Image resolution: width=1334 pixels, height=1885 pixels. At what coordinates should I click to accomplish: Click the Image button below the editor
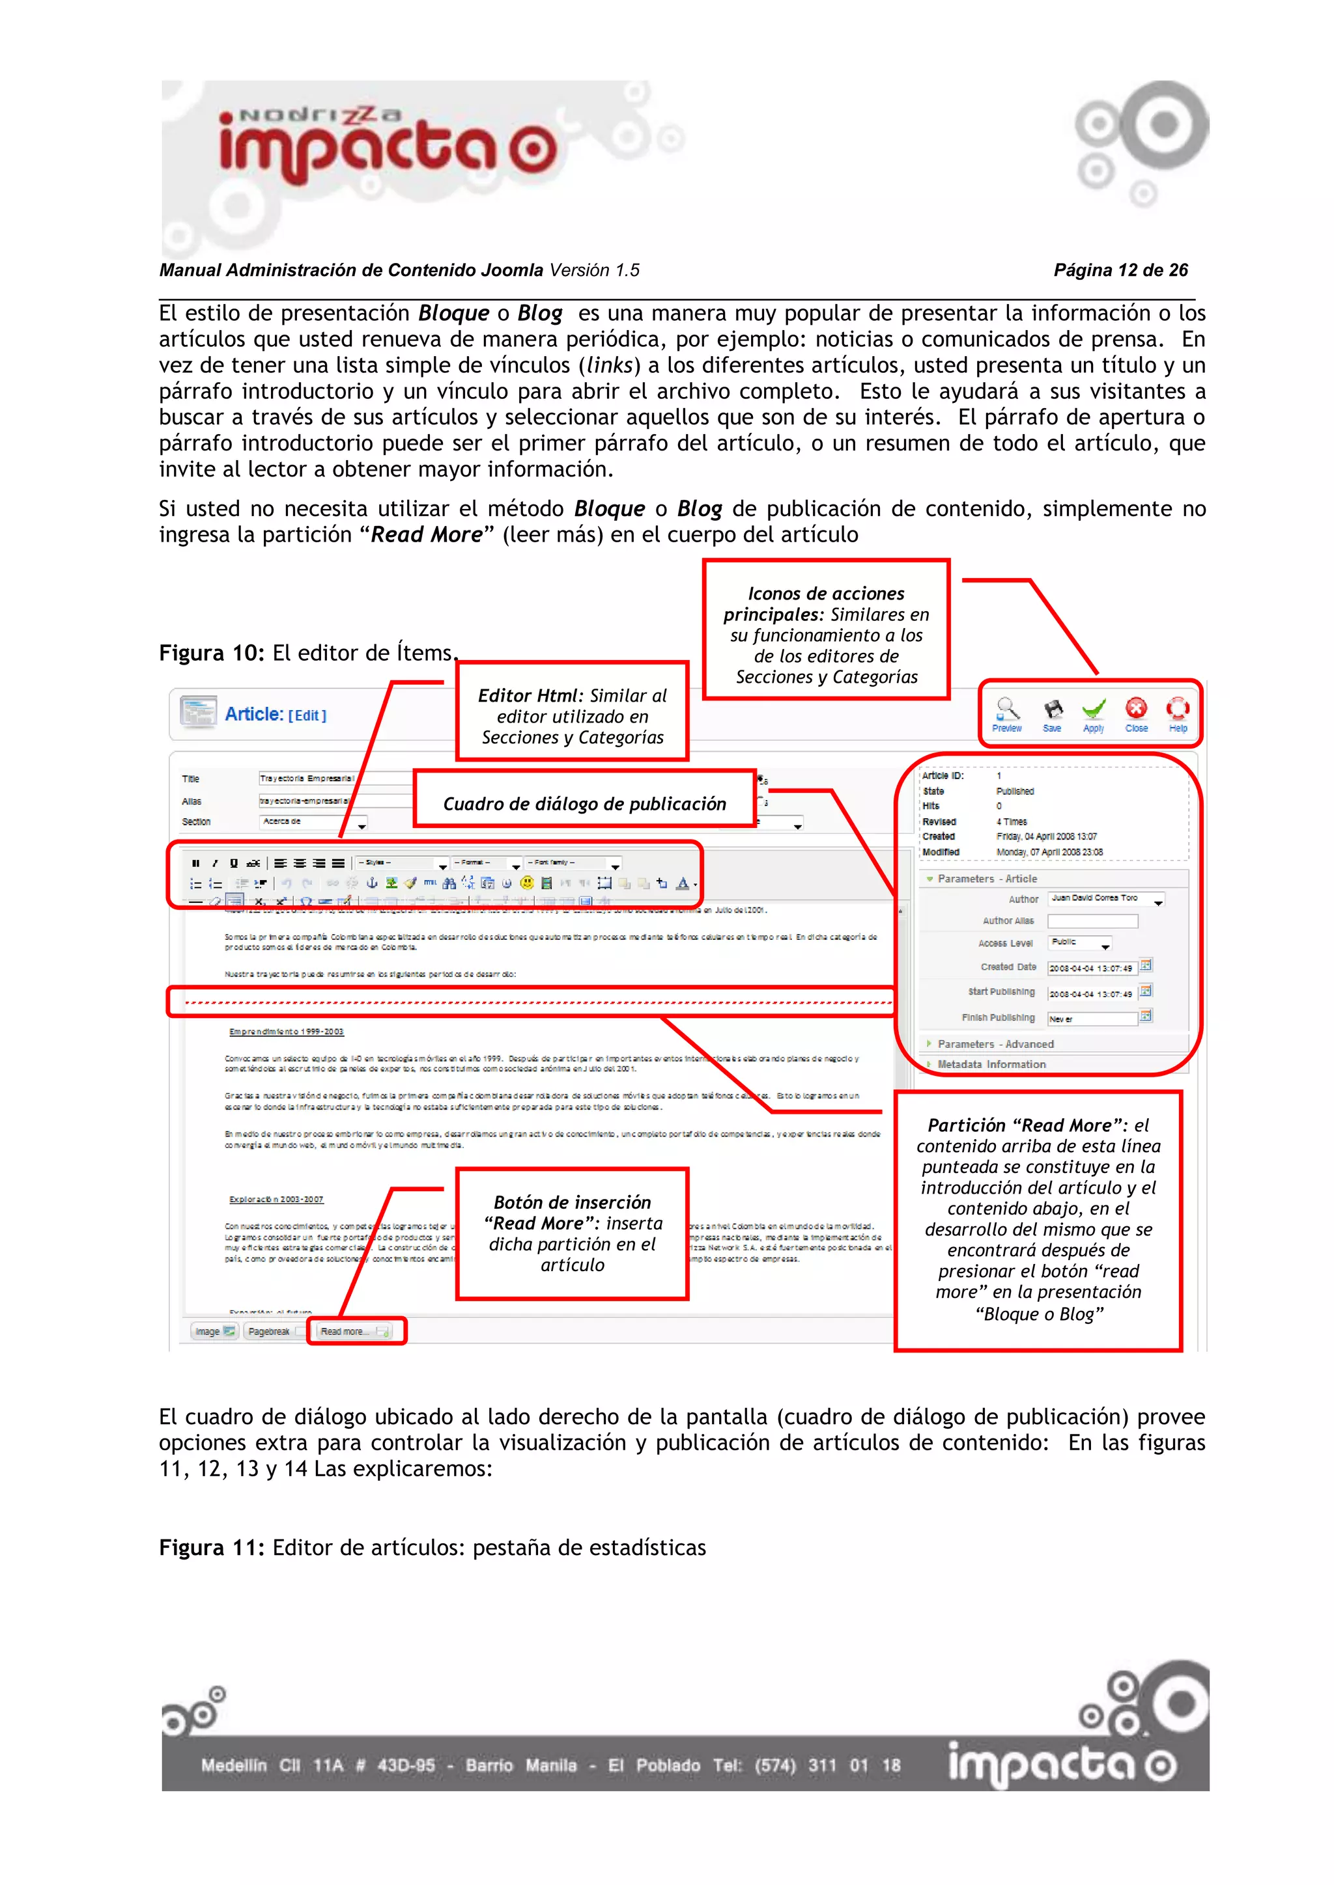(214, 1332)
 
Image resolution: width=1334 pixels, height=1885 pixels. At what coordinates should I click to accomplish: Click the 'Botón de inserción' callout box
(573, 1234)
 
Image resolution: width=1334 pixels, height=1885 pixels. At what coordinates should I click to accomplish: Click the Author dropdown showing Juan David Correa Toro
(1105, 899)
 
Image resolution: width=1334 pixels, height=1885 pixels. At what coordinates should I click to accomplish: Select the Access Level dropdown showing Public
(1080, 943)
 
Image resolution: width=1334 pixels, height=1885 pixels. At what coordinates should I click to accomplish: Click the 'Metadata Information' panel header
(991, 1064)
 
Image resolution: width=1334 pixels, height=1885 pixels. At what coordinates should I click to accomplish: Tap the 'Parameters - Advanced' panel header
(995, 1044)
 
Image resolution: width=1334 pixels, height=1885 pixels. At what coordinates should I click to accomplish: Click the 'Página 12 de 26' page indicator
(1120, 270)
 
